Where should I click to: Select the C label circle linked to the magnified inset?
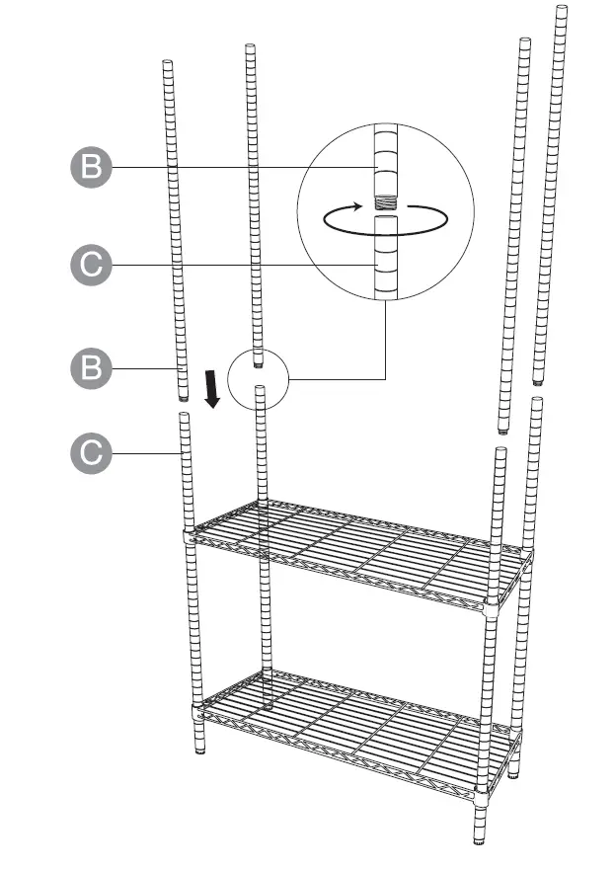[92, 265]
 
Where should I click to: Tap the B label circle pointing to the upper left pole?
[92, 368]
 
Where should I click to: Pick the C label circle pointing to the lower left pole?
[92, 453]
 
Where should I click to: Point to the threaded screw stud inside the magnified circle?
[385, 202]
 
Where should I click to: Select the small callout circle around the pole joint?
[257, 377]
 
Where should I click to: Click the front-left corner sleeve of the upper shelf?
[189, 538]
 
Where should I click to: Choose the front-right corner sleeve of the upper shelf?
[491, 607]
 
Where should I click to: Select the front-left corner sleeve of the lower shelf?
[197, 709]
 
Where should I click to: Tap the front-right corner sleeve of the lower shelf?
[482, 796]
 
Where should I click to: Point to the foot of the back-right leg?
[513, 772]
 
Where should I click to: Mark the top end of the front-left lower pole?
[184, 416]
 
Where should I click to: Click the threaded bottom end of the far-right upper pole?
[537, 380]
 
